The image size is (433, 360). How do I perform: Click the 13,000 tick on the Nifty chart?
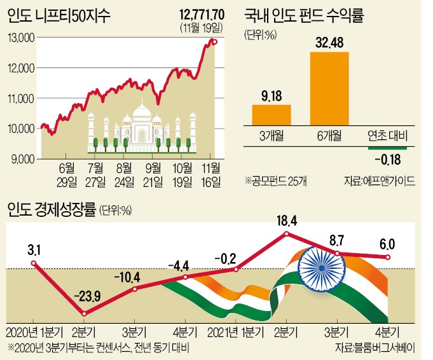22,38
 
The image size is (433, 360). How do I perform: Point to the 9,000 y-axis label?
23,160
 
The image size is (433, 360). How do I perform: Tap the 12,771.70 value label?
202,15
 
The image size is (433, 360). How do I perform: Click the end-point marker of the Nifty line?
215,42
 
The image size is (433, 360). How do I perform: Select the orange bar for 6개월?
329,88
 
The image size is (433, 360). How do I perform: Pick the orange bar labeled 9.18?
271,115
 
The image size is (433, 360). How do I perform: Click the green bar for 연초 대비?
387,148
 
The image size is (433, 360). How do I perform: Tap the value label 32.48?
330,43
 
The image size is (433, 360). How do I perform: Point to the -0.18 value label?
388,160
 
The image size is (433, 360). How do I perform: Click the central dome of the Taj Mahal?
142,113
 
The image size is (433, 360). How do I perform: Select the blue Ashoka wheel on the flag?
322,268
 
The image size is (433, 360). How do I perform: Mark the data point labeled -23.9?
85,314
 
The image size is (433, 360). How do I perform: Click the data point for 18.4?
286,234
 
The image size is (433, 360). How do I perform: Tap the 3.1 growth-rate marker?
34,263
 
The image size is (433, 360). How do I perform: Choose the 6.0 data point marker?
388,257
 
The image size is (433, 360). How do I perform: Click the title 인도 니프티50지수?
59,16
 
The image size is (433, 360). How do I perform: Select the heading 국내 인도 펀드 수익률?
304,15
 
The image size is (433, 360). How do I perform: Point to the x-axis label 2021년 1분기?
235,333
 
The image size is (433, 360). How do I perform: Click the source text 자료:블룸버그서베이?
375,347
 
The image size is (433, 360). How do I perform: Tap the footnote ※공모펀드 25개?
276,181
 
